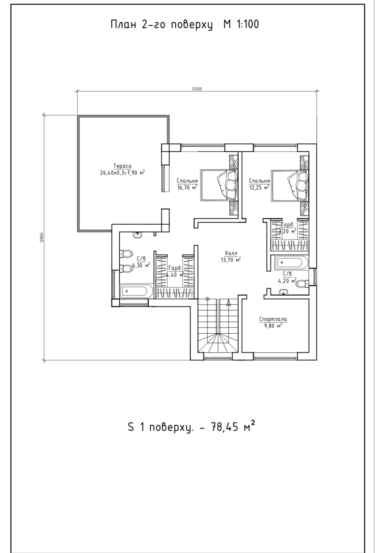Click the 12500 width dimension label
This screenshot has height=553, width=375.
pyautogui.click(x=197, y=89)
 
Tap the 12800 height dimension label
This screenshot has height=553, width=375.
pyautogui.click(x=42, y=238)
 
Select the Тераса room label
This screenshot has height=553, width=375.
pyautogui.click(x=122, y=166)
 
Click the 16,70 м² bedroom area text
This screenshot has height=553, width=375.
pyautogui.click(x=187, y=187)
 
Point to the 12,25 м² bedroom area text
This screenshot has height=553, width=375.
pyautogui.click(x=259, y=187)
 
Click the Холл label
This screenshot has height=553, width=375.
pyautogui.click(x=231, y=253)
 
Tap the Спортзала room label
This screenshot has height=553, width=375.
pyautogui.click(x=273, y=319)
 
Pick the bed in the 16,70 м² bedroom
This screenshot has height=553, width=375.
pyautogui.click(x=219, y=185)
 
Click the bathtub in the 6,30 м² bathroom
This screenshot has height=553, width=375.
pyautogui.click(x=136, y=291)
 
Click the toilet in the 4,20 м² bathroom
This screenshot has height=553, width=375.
pyautogui.click(x=302, y=283)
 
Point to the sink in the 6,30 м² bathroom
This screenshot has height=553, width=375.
pyautogui.click(x=137, y=235)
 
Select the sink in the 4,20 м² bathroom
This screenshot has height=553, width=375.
pyautogui.click(x=284, y=292)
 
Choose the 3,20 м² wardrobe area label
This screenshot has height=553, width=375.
pyautogui.click(x=287, y=231)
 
